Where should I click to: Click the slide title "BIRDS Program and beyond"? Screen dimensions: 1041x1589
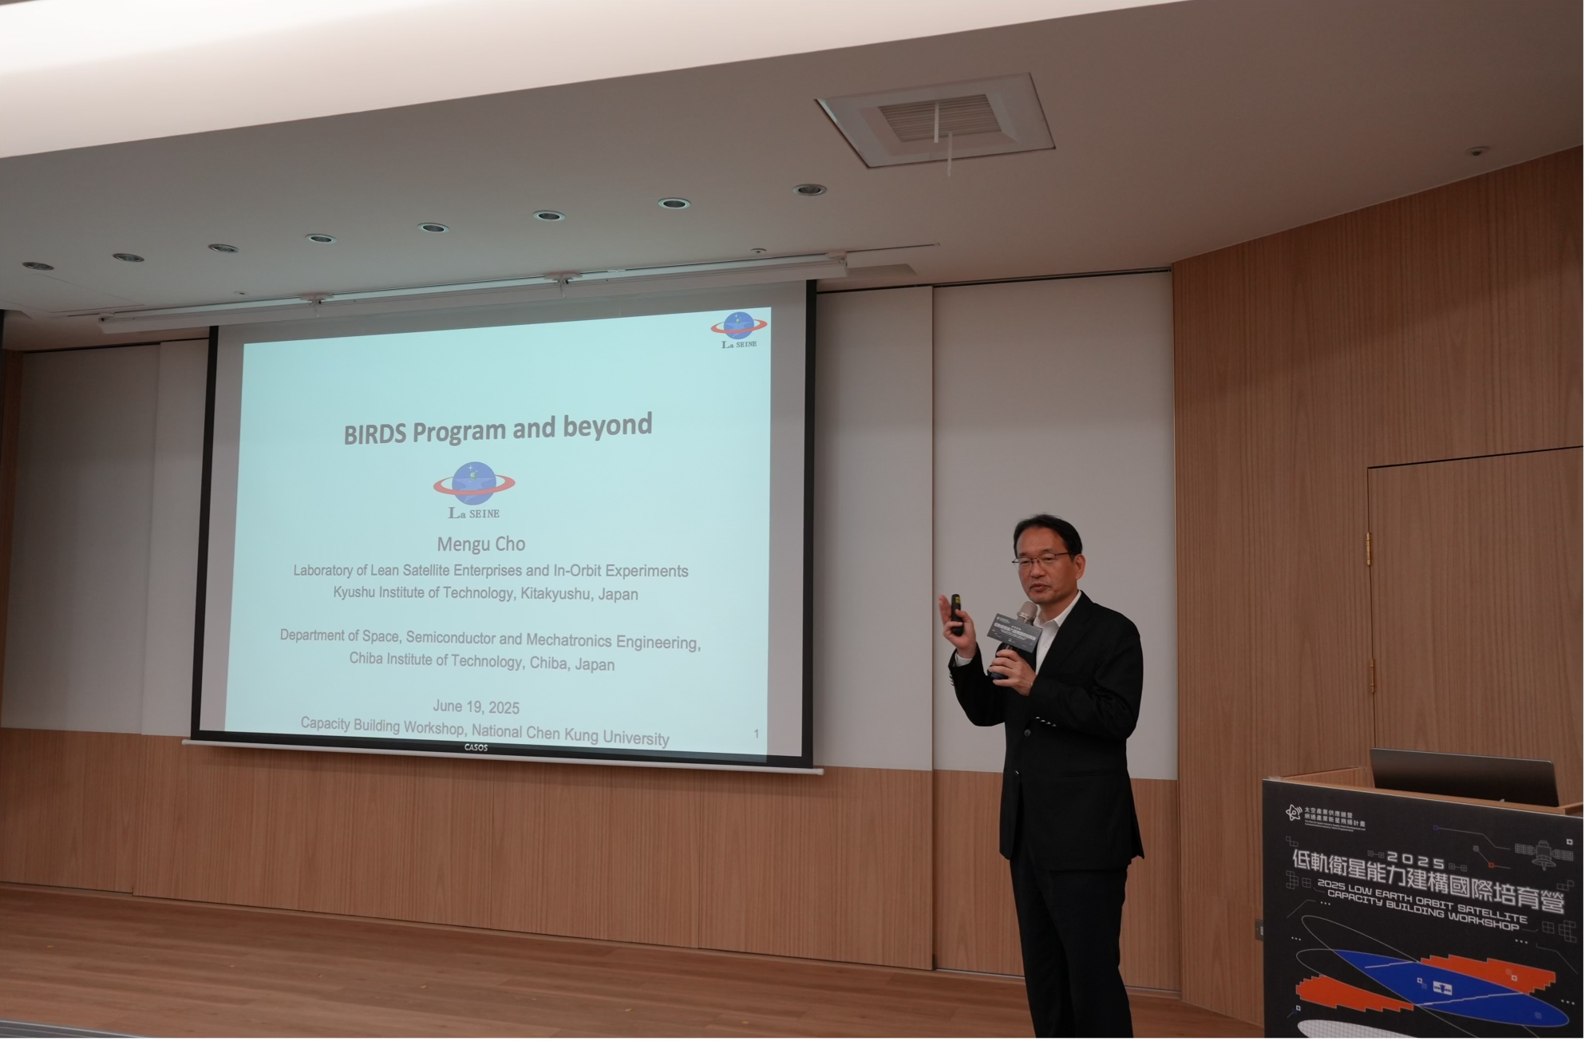497,429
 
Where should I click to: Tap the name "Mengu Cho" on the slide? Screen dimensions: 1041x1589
480,544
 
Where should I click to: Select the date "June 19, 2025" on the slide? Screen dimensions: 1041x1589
476,707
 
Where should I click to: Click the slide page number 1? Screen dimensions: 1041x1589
757,733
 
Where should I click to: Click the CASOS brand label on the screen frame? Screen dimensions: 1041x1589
476,748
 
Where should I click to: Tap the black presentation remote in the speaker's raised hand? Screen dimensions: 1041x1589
956,614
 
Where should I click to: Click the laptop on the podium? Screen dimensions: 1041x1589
1464,777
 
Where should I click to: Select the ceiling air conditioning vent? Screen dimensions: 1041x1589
935,121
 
